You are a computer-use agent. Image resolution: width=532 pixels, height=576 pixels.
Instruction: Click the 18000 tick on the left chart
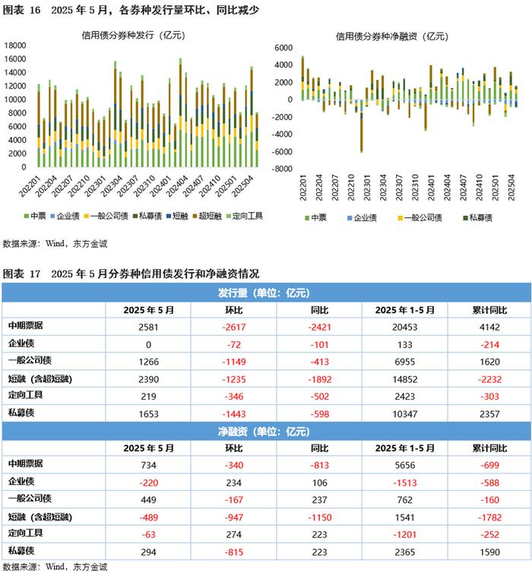pyautogui.click(x=15, y=46)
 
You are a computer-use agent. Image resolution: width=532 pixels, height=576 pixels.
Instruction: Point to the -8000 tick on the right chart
pyautogui.click(x=282, y=169)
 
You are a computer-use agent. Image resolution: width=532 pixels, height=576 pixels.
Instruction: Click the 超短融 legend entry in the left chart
pyautogui.click(x=207, y=216)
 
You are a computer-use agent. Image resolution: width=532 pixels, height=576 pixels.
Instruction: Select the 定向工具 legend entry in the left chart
pyautogui.click(x=245, y=216)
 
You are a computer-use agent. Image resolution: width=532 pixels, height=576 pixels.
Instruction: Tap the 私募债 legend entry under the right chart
pyautogui.click(x=477, y=218)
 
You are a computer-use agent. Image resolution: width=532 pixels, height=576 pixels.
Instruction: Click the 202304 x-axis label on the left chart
pyautogui.click(x=112, y=186)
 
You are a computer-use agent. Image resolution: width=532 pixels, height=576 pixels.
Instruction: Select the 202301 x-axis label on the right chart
pyautogui.click(x=367, y=188)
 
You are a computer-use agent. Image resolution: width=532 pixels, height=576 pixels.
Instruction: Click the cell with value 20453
pyautogui.click(x=404, y=327)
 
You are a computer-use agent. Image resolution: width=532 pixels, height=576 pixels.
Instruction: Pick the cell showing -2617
pyautogui.click(x=233, y=327)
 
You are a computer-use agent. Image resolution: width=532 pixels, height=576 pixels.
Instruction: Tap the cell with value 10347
pyautogui.click(x=404, y=414)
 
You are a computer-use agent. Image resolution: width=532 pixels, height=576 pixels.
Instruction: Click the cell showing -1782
pyautogui.click(x=489, y=517)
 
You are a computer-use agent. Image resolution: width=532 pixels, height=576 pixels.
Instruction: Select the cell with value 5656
pyautogui.click(x=404, y=465)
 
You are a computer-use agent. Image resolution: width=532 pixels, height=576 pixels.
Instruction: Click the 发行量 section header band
pyautogui.click(x=266, y=293)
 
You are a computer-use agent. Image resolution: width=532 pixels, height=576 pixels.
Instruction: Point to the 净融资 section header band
pyautogui.click(x=266, y=431)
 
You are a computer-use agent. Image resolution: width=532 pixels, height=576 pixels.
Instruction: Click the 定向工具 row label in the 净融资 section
pyautogui.click(x=26, y=533)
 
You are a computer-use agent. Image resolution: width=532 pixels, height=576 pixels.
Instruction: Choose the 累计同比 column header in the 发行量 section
pyautogui.click(x=489, y=310)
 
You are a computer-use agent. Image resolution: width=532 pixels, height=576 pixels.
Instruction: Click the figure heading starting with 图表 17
pyautogui.click(x=131, y=274)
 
